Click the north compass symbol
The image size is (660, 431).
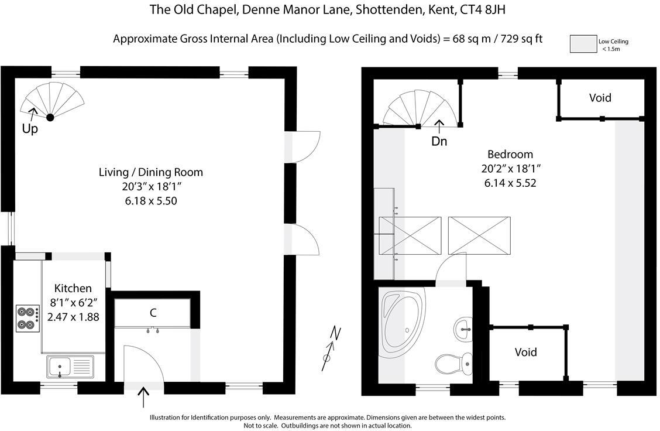coord(331,350)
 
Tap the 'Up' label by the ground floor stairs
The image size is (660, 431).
coord(30,129)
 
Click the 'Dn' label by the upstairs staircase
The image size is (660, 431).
coord(439,141)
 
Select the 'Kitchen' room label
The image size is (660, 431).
coord(73,288)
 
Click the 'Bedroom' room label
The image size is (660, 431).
coord(510,155)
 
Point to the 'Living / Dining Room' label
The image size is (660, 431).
coord(151,172)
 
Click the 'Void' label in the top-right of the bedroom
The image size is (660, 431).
coord(600,98)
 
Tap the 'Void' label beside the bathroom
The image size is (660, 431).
coord(525,352)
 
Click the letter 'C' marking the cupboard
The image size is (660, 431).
coord(153,313)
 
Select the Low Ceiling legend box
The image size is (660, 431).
coord(582,44)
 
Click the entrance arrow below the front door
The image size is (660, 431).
coord(143,398)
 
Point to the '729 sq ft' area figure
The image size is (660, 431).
coord(518,39)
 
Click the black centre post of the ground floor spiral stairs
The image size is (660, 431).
coord(50,117)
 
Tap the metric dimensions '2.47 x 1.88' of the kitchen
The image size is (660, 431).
coord(73,317)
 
